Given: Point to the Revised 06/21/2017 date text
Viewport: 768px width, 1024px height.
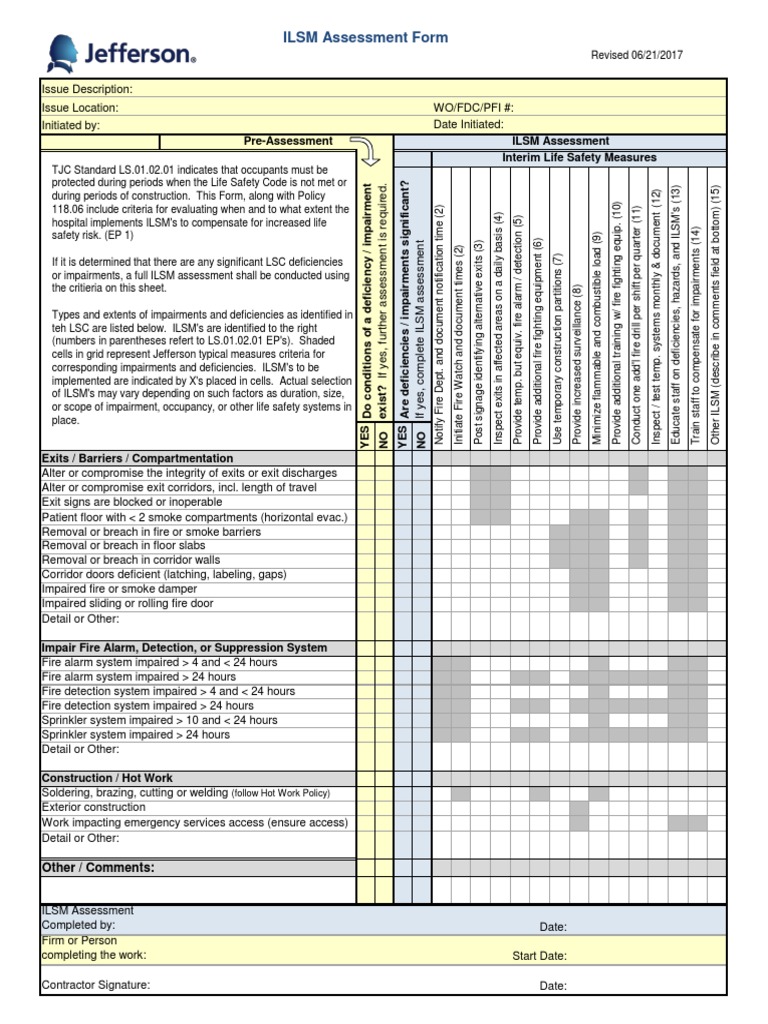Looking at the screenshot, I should (x=637, y=56).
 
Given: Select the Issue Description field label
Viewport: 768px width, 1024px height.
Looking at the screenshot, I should (x=86, y=90).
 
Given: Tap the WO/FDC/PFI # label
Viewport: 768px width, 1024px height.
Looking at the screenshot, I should (x=473, y=107).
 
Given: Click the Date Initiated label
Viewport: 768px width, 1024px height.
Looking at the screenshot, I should (x=468, y=124).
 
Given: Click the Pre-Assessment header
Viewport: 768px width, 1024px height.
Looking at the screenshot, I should (x=288, y=141).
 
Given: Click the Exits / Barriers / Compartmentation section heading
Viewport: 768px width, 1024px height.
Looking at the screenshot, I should (x=137, y=458).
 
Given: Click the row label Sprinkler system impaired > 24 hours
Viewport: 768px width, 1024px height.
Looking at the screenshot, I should (x=135, y=734).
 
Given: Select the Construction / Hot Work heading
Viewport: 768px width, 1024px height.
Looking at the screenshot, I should (x=107, y=778).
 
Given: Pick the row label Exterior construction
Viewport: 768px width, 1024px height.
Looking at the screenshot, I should (x=93, y=807).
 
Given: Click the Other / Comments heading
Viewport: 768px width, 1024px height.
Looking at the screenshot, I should (x=98, y=867).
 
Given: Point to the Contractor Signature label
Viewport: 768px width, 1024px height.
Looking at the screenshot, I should (x=95, y=985).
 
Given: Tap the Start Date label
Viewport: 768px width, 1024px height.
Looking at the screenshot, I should (x=539, y=955).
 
